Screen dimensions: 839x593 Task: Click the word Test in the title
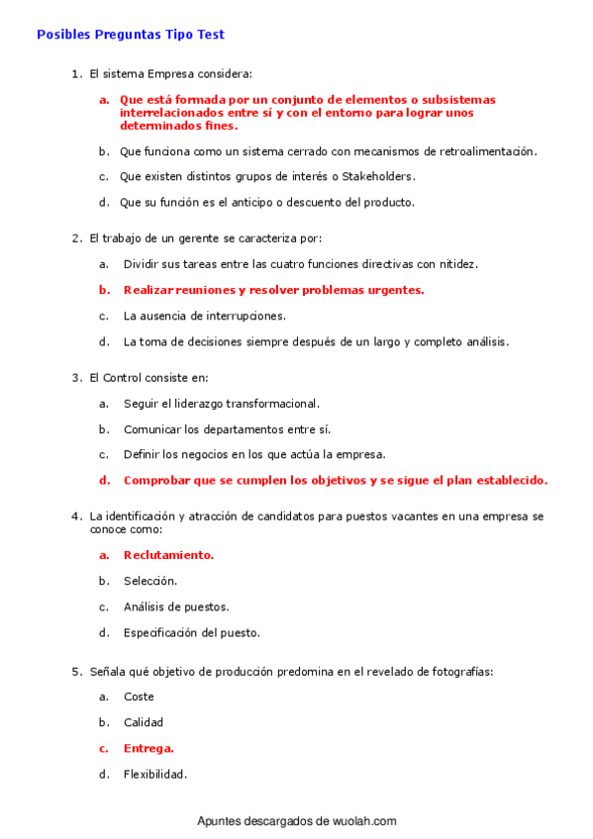tap(209, 35)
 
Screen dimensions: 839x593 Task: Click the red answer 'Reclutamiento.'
tap(168, 555)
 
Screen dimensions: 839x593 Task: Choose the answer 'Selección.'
tap(150, 581)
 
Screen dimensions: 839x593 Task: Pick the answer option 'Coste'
tap(139, 697)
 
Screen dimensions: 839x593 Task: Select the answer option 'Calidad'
tap(144, 722)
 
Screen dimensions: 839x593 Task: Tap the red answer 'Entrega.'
tap(148, 748)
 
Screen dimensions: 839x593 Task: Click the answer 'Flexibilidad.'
tap(155, 774)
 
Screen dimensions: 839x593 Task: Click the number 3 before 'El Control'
tap(75, 378)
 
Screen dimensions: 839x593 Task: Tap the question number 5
tap(75, 672)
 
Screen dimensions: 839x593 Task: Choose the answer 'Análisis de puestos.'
tap(176, 606)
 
